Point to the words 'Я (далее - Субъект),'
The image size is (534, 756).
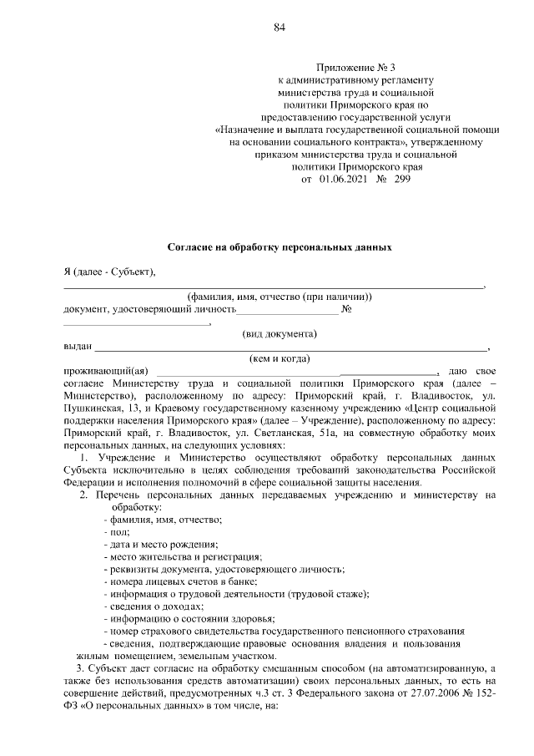(109, 272)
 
